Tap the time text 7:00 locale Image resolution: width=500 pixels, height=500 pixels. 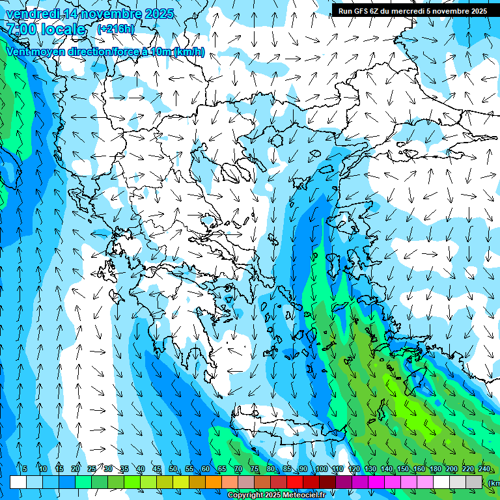(x=46, y=29)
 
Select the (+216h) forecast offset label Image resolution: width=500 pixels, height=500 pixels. (x=116, y=29)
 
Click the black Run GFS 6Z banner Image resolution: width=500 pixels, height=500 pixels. (x=412, y=10)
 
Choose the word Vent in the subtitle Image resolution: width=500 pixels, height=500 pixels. (x=18, y=52)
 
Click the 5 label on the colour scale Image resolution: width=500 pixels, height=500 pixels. (x=24, y=469)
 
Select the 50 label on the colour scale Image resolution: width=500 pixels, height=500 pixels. (x=173, y=469)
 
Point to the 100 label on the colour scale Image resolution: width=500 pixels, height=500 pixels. (x=322, y=469)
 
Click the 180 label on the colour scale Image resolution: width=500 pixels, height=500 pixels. (x=434, y=469)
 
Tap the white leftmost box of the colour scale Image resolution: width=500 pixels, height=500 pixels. (x=18, y=482)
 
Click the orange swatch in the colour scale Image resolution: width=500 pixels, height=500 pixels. (x=214, y=482)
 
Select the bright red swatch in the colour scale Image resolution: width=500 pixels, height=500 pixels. (x=295, y=482)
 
